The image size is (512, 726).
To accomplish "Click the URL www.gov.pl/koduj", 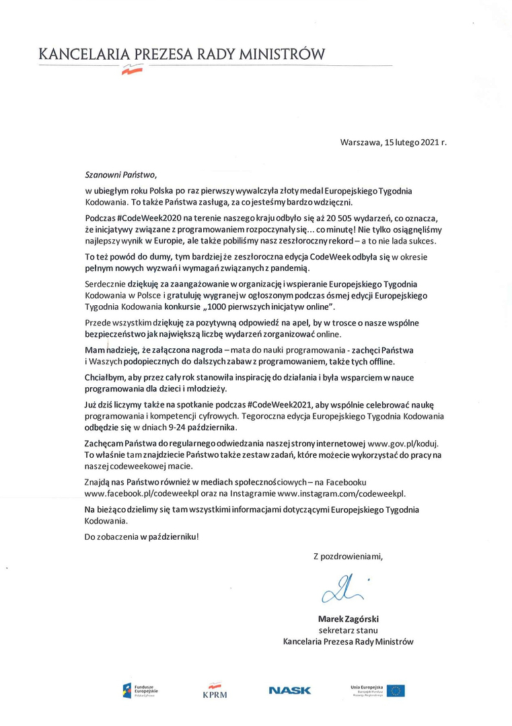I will coord(403,444).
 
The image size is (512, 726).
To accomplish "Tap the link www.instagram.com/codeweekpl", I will coord(342,493).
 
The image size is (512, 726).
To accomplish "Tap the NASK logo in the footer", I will coord(289,690).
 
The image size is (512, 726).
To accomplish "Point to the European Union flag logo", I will coord(395,690).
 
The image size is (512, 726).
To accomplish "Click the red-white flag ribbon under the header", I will coord(131,69).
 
